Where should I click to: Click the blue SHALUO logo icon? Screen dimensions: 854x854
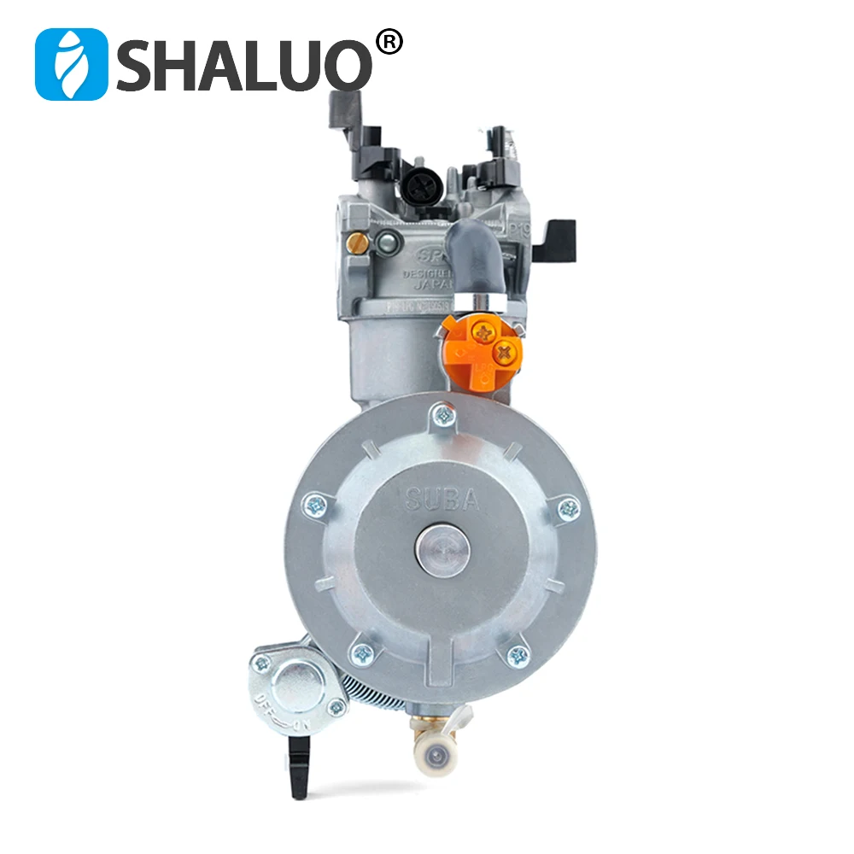tap(72, 64)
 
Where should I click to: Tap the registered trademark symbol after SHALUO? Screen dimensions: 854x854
tap(389, 43)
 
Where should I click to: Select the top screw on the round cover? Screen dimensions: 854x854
tap(443, 417)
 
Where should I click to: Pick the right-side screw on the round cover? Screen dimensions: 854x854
tap(568, 510)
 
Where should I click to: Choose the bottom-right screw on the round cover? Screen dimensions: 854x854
tap(518, 656)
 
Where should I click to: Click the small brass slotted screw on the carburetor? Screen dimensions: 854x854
tap(361, 243)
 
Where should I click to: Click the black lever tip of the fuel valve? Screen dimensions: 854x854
tap(298, 769)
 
